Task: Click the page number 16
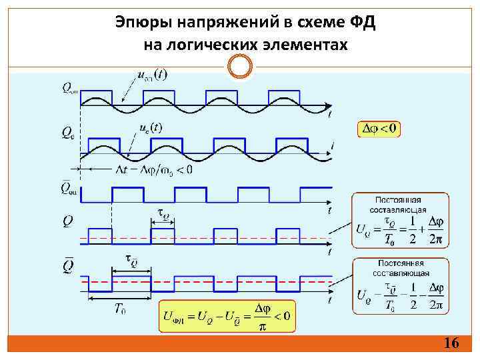pos(451,343)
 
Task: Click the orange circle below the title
pos(240,66)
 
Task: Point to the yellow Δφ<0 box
pos(379,129)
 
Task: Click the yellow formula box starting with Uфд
pos(227,315)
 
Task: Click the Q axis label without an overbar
pos(68,221)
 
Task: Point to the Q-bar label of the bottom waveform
pos(68,265)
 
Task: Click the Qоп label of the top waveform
pos(69,87)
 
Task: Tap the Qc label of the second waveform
pos(68,133)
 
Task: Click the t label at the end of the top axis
pos(329,114)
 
